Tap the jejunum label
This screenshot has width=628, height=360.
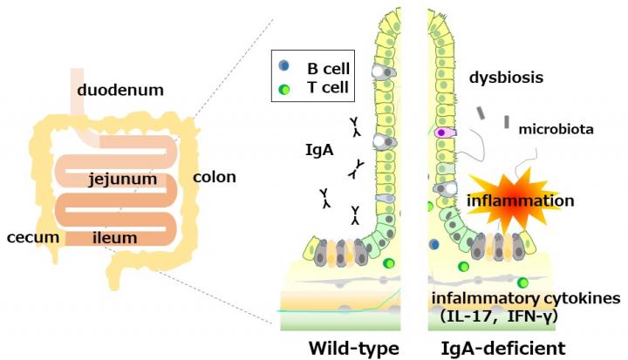coord(123,180)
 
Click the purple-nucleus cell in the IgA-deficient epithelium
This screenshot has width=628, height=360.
coord(441,132)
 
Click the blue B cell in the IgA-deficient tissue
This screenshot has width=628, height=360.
coord(434,245)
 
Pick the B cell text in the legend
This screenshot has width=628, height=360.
coord(324,66)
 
